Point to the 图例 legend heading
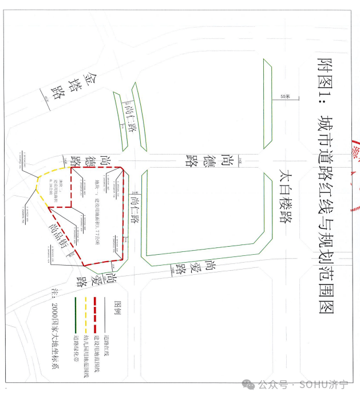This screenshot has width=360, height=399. tap(120, 309)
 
